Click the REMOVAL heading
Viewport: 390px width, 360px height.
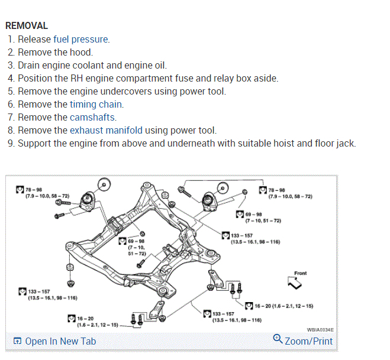click(27, 26)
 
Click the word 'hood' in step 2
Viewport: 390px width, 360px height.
click(81, 53)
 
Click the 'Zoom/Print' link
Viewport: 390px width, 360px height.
click(308, 341)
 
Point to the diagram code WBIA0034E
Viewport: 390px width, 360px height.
click(320, 330)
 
